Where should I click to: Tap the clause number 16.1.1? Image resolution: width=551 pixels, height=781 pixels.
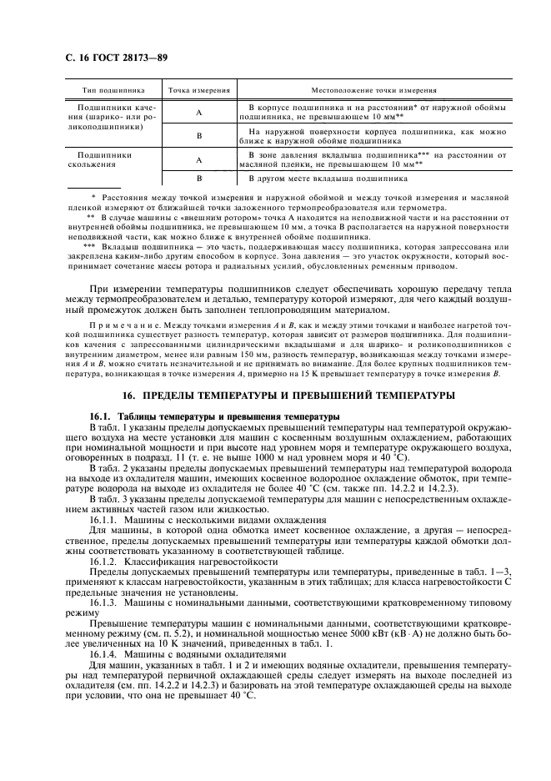106,496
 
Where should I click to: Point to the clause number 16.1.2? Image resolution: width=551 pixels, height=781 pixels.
106,540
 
